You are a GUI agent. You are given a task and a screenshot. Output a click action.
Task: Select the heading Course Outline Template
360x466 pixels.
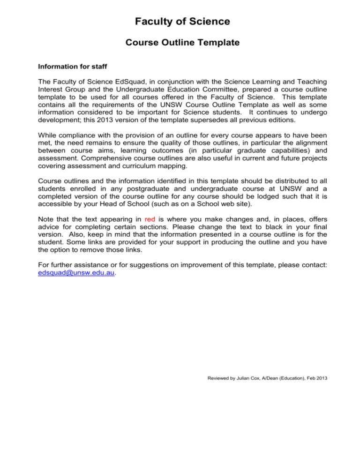[183, 43]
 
